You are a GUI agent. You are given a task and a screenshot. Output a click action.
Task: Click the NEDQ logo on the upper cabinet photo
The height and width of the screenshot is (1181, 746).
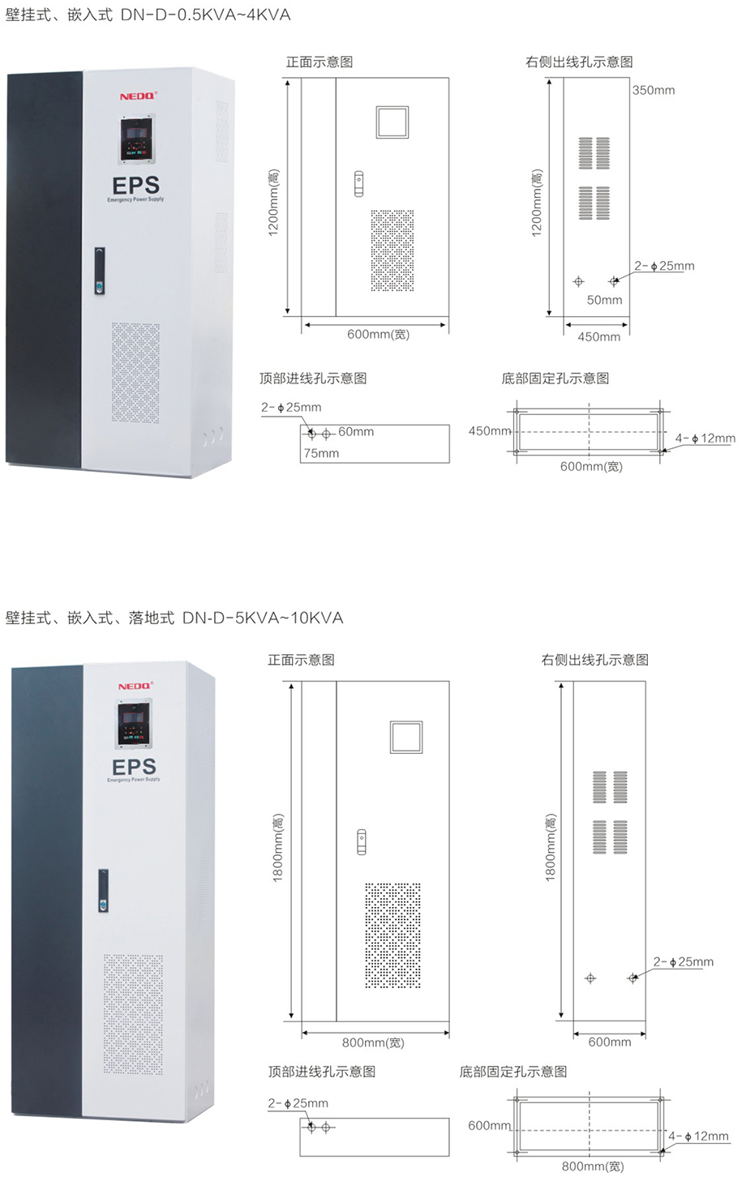point(137,96)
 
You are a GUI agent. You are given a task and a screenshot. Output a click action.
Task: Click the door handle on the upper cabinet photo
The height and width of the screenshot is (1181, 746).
point(99,270)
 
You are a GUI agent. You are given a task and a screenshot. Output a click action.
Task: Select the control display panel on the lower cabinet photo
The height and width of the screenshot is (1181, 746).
point(135,724)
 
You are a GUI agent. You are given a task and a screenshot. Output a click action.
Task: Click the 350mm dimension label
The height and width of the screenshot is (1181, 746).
point(654,90)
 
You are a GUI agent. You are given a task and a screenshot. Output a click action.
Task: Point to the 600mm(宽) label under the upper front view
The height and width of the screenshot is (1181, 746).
point(378,335)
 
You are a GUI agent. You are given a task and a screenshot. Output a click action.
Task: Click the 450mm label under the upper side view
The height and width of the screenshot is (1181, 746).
point(598,337)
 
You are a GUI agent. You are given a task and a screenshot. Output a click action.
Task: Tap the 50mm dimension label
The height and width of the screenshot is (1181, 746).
point(604,300)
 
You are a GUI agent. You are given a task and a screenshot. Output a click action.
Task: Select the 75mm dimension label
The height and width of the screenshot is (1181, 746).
point(321,453)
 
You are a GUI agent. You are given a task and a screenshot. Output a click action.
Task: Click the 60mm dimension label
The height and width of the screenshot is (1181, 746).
point(356,432)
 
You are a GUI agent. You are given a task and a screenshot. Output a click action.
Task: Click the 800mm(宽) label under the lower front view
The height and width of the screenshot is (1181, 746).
point(372,1043)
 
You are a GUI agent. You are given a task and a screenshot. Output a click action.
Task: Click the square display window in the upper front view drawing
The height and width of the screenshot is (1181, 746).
point(392,122)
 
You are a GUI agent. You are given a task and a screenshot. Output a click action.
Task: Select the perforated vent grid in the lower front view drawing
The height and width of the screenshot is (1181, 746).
point(392,935)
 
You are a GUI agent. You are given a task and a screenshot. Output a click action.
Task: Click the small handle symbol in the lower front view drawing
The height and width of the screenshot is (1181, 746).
point(362,841)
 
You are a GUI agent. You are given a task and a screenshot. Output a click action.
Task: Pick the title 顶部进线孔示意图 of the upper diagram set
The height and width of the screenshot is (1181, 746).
point(313,379)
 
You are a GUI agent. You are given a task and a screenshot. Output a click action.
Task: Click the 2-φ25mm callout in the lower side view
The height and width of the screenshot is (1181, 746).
point(683,962)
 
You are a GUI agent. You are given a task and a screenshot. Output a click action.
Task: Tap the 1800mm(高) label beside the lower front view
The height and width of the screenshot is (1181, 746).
point(277,848)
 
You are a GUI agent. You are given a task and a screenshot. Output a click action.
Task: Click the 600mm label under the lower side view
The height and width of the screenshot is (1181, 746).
point(609,1042)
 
